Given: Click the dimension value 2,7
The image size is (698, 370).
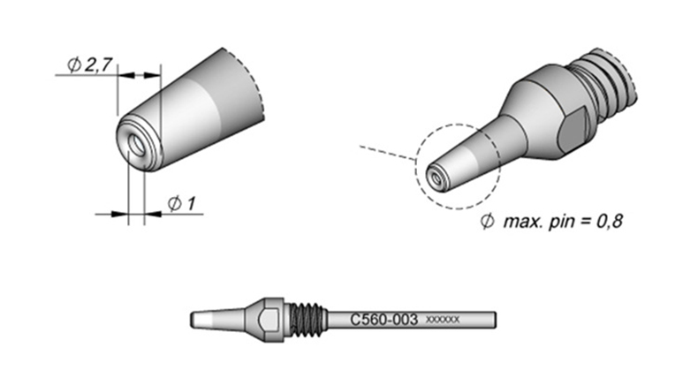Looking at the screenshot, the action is pyautogui.click(x=98, y=65).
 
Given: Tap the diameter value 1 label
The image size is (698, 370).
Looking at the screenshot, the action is pyautogui.click(x=191, y=204).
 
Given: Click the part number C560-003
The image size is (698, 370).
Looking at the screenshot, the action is pyautogui.click(x=383, y=320).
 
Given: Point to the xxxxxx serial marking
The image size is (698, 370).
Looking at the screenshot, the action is pyautogui.click(x=443, y=320).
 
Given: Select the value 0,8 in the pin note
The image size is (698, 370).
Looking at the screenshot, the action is pyautogui.click(x=609, y=221).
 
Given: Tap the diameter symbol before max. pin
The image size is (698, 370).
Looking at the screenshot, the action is pyautogui.click(x=488, y=221).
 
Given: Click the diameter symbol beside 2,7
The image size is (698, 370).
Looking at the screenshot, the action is pyautogui.click(x=74, y=65).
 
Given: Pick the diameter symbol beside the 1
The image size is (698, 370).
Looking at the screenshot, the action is pyautogui.click(x=175, y=204).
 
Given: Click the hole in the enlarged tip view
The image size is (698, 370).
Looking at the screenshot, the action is pyautogui.click(x=136, y=145).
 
